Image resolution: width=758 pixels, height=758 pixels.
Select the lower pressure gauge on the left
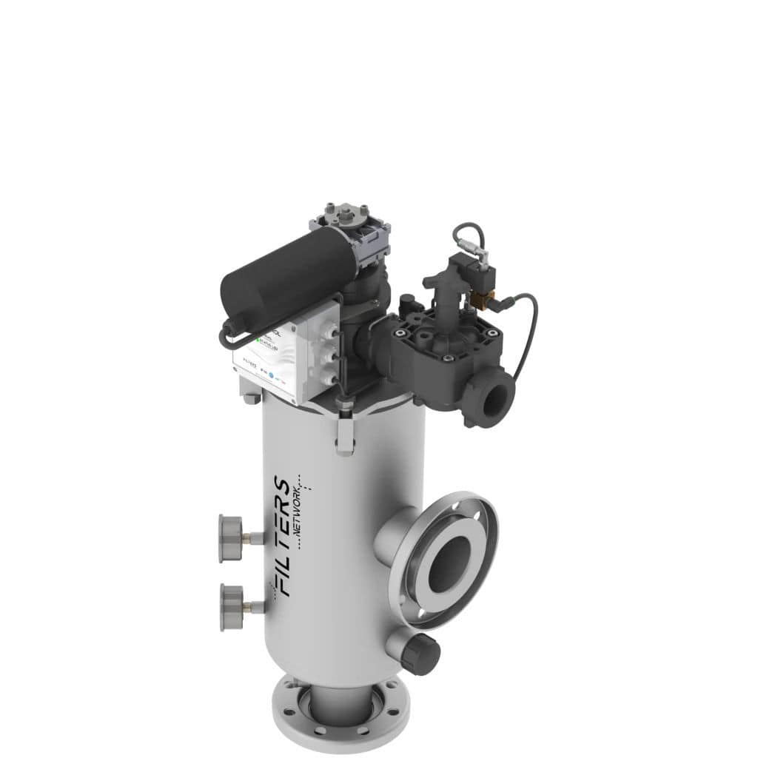click(232, 607)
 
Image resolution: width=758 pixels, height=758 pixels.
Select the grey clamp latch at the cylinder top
click(344, 437)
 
